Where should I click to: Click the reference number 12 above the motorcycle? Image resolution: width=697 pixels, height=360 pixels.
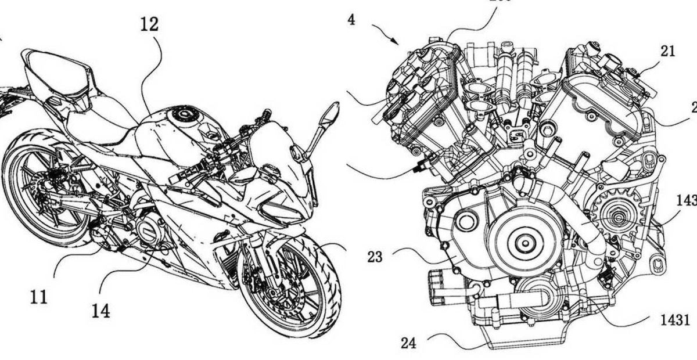(x=148, y=25)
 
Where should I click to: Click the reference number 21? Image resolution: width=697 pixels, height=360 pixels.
(x=668, y=51)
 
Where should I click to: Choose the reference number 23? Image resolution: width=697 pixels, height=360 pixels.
(x=375, y=256)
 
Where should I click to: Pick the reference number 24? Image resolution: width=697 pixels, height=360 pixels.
(x=409, y=343)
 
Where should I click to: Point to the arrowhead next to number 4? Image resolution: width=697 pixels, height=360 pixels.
(x=396, y=42)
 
